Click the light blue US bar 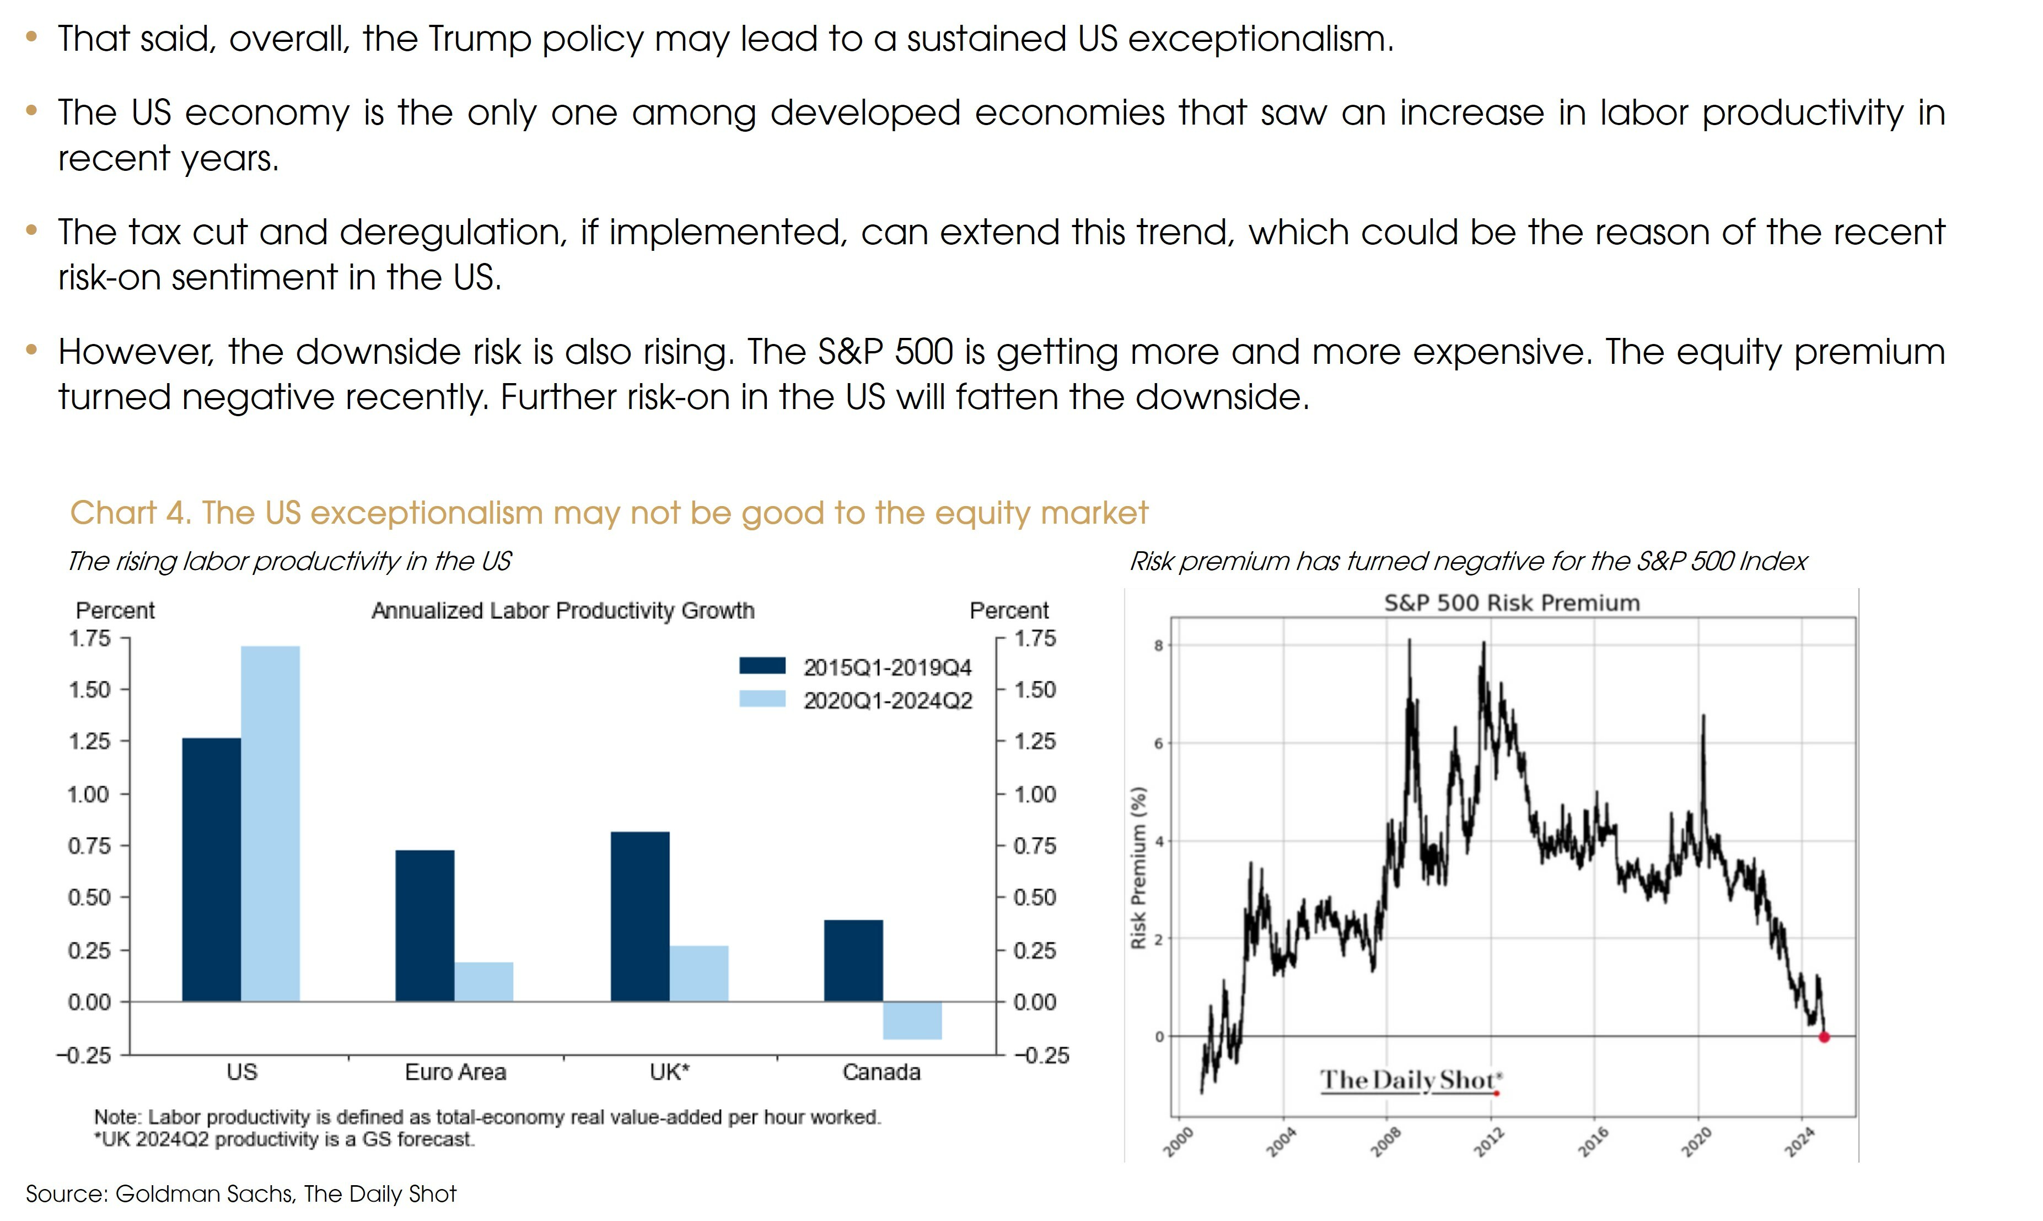tap(270, 823)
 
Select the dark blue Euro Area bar tap(424, 926)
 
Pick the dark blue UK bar tap(639, 917)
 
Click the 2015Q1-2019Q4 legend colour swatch tap(762, 666)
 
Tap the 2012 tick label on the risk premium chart tap(1488, 1142)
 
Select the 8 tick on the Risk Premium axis tap(1159, 646)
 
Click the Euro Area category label tap(455, 1072)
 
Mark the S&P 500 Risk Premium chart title tap(1512, 603)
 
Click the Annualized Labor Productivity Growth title tap(563, 611)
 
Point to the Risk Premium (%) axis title tap(1139, 868)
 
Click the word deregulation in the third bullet tap(453, 233)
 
